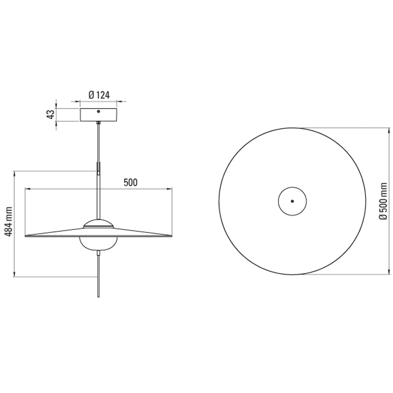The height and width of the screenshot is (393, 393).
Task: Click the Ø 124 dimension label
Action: point(99,95)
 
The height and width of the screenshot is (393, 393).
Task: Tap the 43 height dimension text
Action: point(50,114)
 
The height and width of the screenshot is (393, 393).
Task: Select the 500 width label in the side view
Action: point(130,182)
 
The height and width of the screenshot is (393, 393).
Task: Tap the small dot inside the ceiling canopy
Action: point(99,111)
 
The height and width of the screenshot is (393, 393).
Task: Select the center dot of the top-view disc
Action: point(292,201)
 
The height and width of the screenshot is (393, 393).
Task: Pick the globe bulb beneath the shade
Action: point(99,244)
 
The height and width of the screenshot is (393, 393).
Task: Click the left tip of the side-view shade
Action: point(26,235)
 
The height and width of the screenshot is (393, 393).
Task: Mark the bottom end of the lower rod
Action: point(99,297)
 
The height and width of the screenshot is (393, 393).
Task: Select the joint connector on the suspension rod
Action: point(99,168)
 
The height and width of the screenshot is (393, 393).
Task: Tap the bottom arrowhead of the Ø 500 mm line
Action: point(374,273)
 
